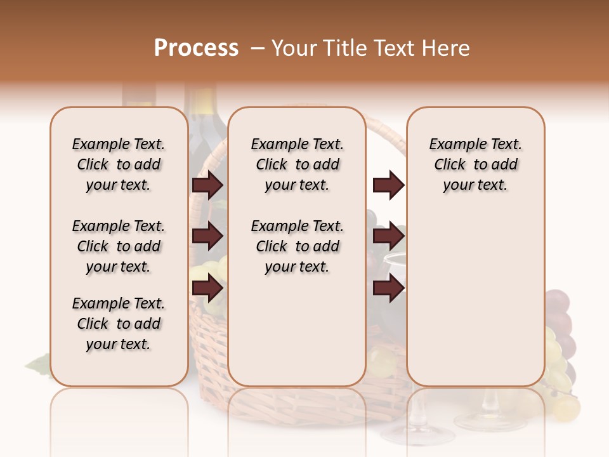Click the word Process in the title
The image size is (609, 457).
(x=196, y=48)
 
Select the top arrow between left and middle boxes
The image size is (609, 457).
(x=207, y=185)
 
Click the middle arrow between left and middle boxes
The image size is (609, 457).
(x=207, y=237)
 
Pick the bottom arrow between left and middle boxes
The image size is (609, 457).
(x=207, y=289)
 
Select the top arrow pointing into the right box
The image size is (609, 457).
(x=388, y=185)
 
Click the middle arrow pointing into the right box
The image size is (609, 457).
(x=388, y=237)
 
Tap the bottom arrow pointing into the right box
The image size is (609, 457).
(x=388, y=289)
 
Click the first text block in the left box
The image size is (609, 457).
(x=119, y=164)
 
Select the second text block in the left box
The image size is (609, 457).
(x=119, y=246)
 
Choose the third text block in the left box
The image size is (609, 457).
(x=119, y=324)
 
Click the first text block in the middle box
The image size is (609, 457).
(x=297, y=164)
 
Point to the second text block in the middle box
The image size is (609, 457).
(x=297, y=246)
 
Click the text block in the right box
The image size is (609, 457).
(x=475, y=164)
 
